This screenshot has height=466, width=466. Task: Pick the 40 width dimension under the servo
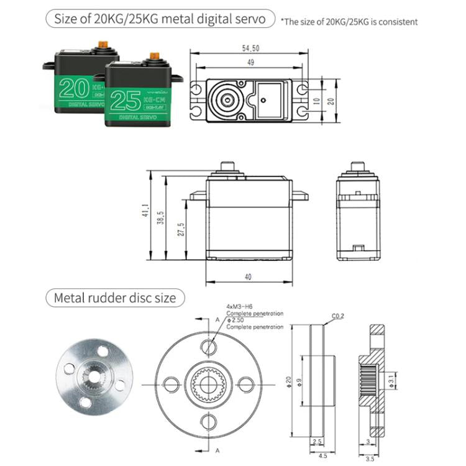[x=249, y=276]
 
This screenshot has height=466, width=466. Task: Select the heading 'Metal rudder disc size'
[x=115, y=298]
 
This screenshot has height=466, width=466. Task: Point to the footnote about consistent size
[x=349, y=22]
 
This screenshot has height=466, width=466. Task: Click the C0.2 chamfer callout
[x=338, y=316]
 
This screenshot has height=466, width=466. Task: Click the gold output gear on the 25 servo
[x=154, y=57]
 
